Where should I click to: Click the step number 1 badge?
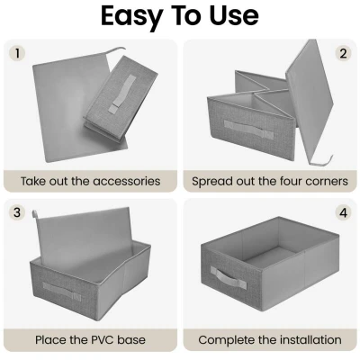coord(17,53)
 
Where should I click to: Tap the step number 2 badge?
coord(343,53)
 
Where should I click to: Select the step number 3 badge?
coord(17,212)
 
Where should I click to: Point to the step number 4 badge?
coord(343,212)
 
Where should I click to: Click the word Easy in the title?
coord(131,16)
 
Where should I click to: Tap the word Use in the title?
coord(234,15)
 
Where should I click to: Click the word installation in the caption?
coord(310,340)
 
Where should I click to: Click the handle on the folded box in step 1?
coord(122,93)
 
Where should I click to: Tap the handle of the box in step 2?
coord(248,130)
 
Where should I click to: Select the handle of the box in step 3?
coord(61,291)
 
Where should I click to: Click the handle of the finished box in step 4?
coord(228,276)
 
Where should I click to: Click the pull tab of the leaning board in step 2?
coord(322,161)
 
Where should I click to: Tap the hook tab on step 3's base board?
coord(35,214)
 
